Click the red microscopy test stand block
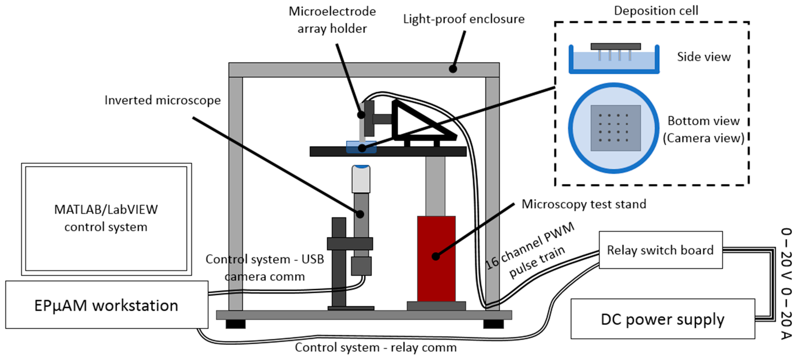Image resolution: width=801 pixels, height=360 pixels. coord(436,274)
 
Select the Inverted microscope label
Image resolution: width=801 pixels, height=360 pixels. coord(162,100)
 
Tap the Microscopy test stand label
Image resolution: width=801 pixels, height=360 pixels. coord(584,204)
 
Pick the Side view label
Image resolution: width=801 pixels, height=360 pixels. coord(703,57)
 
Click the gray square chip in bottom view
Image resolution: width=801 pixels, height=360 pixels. coord(615,128)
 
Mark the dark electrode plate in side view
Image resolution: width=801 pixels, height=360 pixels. coord(615,46)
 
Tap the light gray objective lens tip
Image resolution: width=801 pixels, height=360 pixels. coord(361,179)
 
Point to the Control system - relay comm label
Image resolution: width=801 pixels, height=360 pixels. coord(375,348)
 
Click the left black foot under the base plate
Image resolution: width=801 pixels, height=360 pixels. coord(235,324)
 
